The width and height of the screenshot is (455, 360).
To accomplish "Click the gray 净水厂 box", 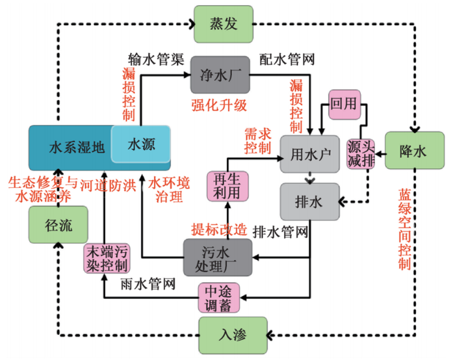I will point(211,75).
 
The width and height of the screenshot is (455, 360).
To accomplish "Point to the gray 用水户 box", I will point(310,153).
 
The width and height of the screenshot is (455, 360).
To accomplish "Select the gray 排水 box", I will point(310,201).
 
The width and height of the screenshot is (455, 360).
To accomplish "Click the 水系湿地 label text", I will point(76,146).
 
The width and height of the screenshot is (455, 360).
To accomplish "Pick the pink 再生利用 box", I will point(224,186).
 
